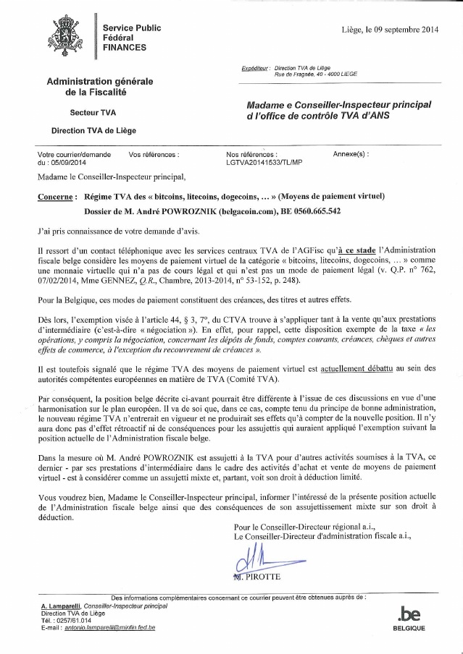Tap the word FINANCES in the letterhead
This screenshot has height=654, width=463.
pos(124,47)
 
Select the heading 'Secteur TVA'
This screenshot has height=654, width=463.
pos(93,113)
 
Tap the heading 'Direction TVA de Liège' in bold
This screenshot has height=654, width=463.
pos(93,132)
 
